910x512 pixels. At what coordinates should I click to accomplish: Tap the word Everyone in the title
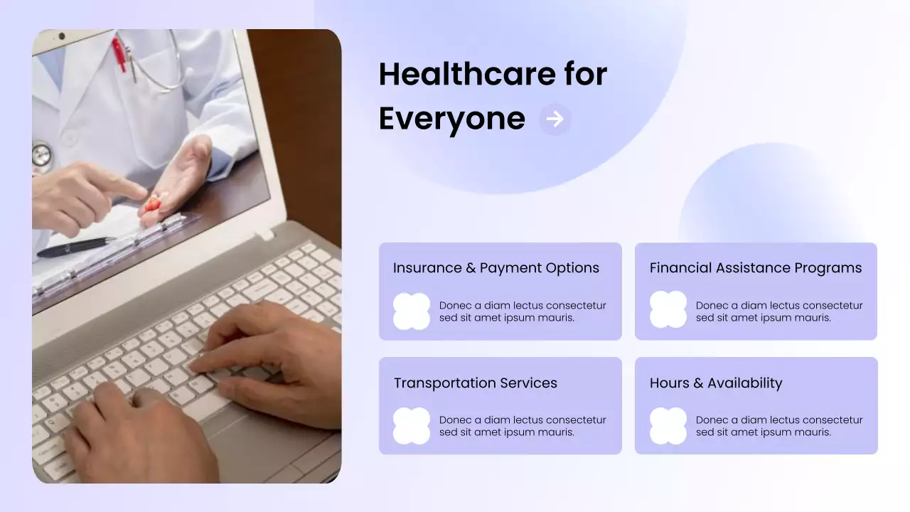point(451,118)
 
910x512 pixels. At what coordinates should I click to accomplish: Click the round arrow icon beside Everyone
point(555,119)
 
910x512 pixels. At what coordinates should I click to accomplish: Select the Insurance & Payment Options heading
point(496,268)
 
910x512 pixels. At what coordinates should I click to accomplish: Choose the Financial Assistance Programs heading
point(755,268)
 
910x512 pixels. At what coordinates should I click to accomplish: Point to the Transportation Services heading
point(475,383)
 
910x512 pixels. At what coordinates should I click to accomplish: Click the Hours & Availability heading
point(715,383)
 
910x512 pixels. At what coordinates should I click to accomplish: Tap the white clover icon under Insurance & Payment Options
point(412,311)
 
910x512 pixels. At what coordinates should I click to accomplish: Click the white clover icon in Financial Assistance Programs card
point(668,310)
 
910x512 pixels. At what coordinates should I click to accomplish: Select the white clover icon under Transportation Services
point(412,426)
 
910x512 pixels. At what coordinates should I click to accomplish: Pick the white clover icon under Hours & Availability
point(668,426)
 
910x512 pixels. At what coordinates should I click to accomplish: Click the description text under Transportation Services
point(522,426)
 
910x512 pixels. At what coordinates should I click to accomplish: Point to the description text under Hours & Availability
point(778,426)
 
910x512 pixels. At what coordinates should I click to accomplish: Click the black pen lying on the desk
point(75,247)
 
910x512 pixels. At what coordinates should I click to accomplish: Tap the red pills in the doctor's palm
point(153,204)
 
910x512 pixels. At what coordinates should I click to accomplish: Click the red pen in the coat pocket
point(118,53)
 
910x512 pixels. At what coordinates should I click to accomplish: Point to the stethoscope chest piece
point(41,154)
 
